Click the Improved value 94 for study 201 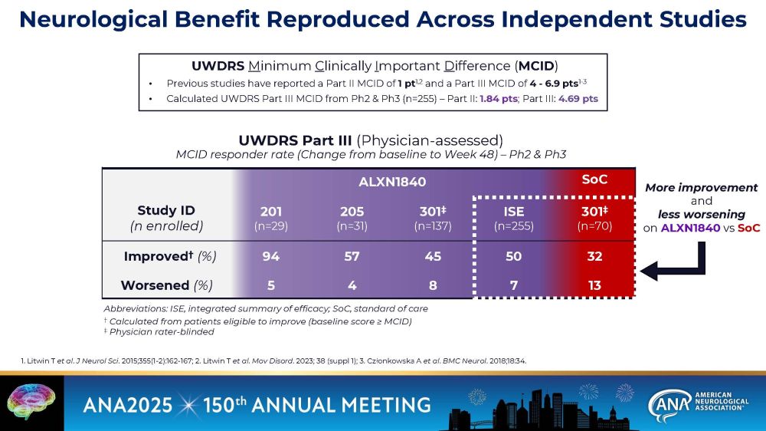point(271,256)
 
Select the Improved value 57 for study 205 point(352,256)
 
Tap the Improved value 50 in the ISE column point(513,256)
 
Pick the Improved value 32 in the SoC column point(594,256)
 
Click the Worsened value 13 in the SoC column point(594,285)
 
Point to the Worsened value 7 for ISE point(513,285)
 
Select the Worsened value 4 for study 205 point(352,285)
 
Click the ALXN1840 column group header point(392,183)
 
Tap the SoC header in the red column point(594,179)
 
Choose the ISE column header point(513,212)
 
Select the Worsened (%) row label point(166,285)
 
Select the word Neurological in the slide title point(112,20)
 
